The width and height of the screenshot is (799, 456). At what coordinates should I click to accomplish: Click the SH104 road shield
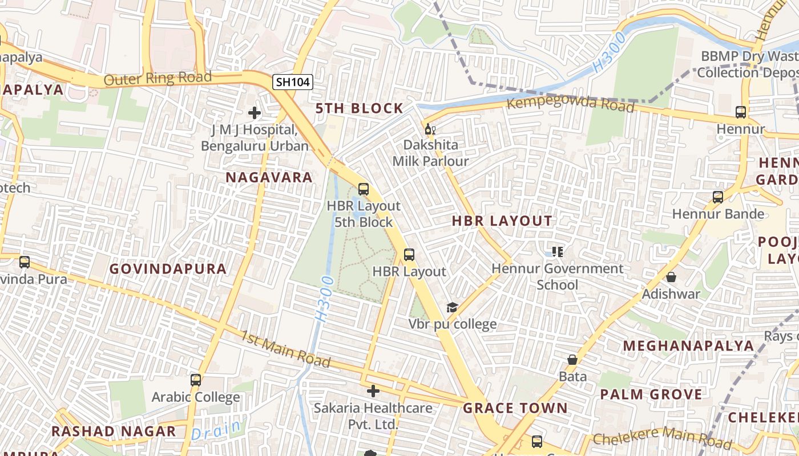293,82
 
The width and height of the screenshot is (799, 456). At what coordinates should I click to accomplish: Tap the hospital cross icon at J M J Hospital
255,113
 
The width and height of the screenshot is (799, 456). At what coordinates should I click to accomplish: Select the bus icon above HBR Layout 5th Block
364,189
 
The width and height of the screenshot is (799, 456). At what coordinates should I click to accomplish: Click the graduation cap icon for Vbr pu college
452,308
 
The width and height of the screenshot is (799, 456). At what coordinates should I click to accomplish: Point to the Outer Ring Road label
158,78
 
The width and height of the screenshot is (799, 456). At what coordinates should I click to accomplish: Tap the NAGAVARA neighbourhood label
269,177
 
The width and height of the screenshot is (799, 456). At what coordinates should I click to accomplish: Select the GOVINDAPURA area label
168,268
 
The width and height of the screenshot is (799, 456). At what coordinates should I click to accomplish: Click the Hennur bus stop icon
741,112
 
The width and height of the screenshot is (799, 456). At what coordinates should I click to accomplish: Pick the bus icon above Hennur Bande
718,197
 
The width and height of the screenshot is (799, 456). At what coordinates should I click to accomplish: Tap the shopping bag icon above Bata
572,360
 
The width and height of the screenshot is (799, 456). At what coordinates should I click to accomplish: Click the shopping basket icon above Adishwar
671,277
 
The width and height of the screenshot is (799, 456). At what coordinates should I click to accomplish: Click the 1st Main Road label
285,348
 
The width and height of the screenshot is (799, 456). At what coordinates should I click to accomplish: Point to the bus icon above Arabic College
196,380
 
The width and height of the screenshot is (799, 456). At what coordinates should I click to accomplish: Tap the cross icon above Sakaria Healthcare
373,391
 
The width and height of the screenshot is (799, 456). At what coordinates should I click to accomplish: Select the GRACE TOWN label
515,408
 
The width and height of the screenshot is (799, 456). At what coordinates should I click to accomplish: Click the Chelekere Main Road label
662,438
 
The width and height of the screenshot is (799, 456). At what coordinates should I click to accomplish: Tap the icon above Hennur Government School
558,251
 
